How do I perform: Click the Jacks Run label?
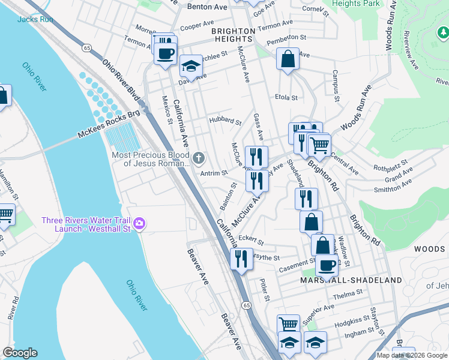point(35,19)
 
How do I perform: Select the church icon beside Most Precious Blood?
point(199,159)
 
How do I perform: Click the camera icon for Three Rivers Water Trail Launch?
point(139,224)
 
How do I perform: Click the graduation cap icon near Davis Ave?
point(191,65)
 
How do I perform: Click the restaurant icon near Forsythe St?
point(241,259)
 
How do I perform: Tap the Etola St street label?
point(286,97)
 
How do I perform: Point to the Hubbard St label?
point(224,121)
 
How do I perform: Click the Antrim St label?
point(214,173)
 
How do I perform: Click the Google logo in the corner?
point(20,353)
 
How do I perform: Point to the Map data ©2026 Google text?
point(412,355)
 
